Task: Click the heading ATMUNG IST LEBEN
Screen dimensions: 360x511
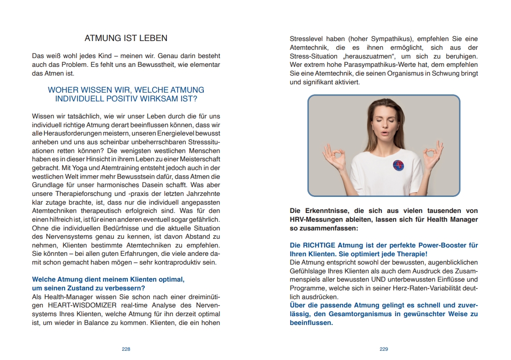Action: click(x=126, y=38)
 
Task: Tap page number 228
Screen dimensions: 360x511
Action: click(x=126, y=349)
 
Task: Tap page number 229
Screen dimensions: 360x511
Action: click(x=384, y=349)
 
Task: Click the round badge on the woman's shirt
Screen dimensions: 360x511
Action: click(x=398, y=165)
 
